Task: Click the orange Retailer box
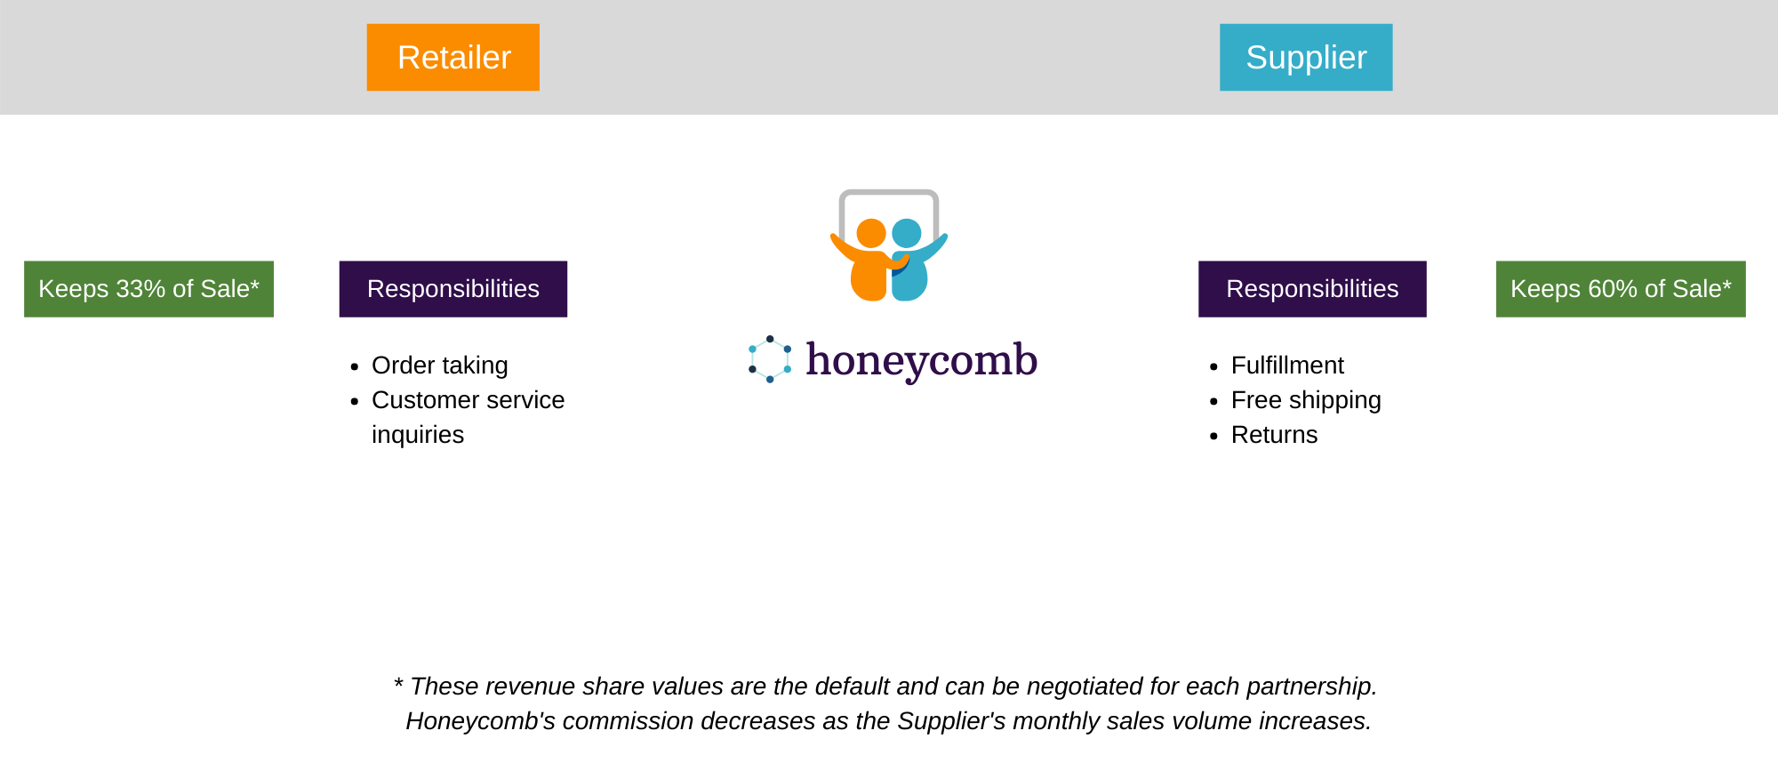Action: coord(453,57)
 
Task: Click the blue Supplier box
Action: coord(1306,57)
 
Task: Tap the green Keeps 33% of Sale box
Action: coord(148,289)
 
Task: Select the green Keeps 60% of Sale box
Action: coord(1621,289)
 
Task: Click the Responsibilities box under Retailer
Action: coord(453,289)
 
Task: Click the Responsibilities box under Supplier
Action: coord(1312,289)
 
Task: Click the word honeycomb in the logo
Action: coord(921,360)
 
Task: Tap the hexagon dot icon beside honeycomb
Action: coord(770,359)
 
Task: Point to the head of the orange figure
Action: coord(871,233)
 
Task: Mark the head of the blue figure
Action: coord(907,233)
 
